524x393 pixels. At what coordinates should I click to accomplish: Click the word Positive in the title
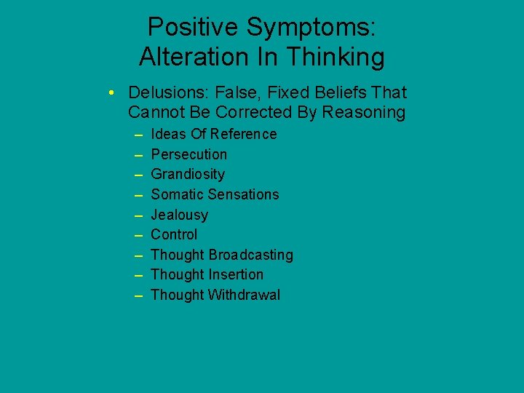[192, 28]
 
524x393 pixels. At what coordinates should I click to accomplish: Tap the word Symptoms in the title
[311, 28]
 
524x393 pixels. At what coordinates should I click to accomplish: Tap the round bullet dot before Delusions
[108, 93]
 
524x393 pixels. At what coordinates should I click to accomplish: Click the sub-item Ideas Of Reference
[213, 135]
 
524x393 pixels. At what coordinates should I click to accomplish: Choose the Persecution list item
[188, 154]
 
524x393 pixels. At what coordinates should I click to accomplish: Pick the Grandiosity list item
[188, 175]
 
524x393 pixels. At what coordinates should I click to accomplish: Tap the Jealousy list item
[179, 215]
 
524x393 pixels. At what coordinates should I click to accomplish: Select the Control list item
[174, 234]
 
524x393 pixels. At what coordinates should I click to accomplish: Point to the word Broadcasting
[251, 255]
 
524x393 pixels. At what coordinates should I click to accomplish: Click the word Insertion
[236, 274]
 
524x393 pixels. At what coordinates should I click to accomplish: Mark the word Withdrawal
[244, 295]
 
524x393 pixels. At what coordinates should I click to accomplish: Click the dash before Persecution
[138, 154]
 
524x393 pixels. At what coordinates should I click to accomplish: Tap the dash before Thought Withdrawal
[138, 295]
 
